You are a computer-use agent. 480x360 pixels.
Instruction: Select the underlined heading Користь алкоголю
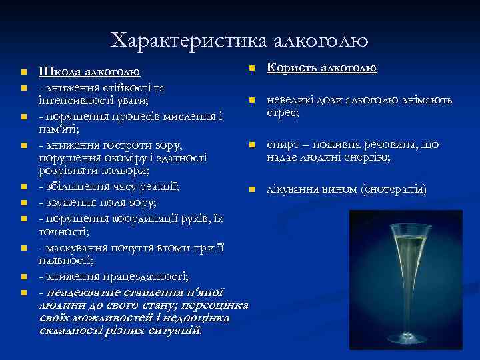322,68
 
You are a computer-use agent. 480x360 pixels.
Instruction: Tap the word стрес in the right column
282,113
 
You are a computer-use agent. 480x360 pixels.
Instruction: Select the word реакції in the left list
159,185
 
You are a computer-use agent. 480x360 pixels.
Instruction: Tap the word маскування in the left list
77,247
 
